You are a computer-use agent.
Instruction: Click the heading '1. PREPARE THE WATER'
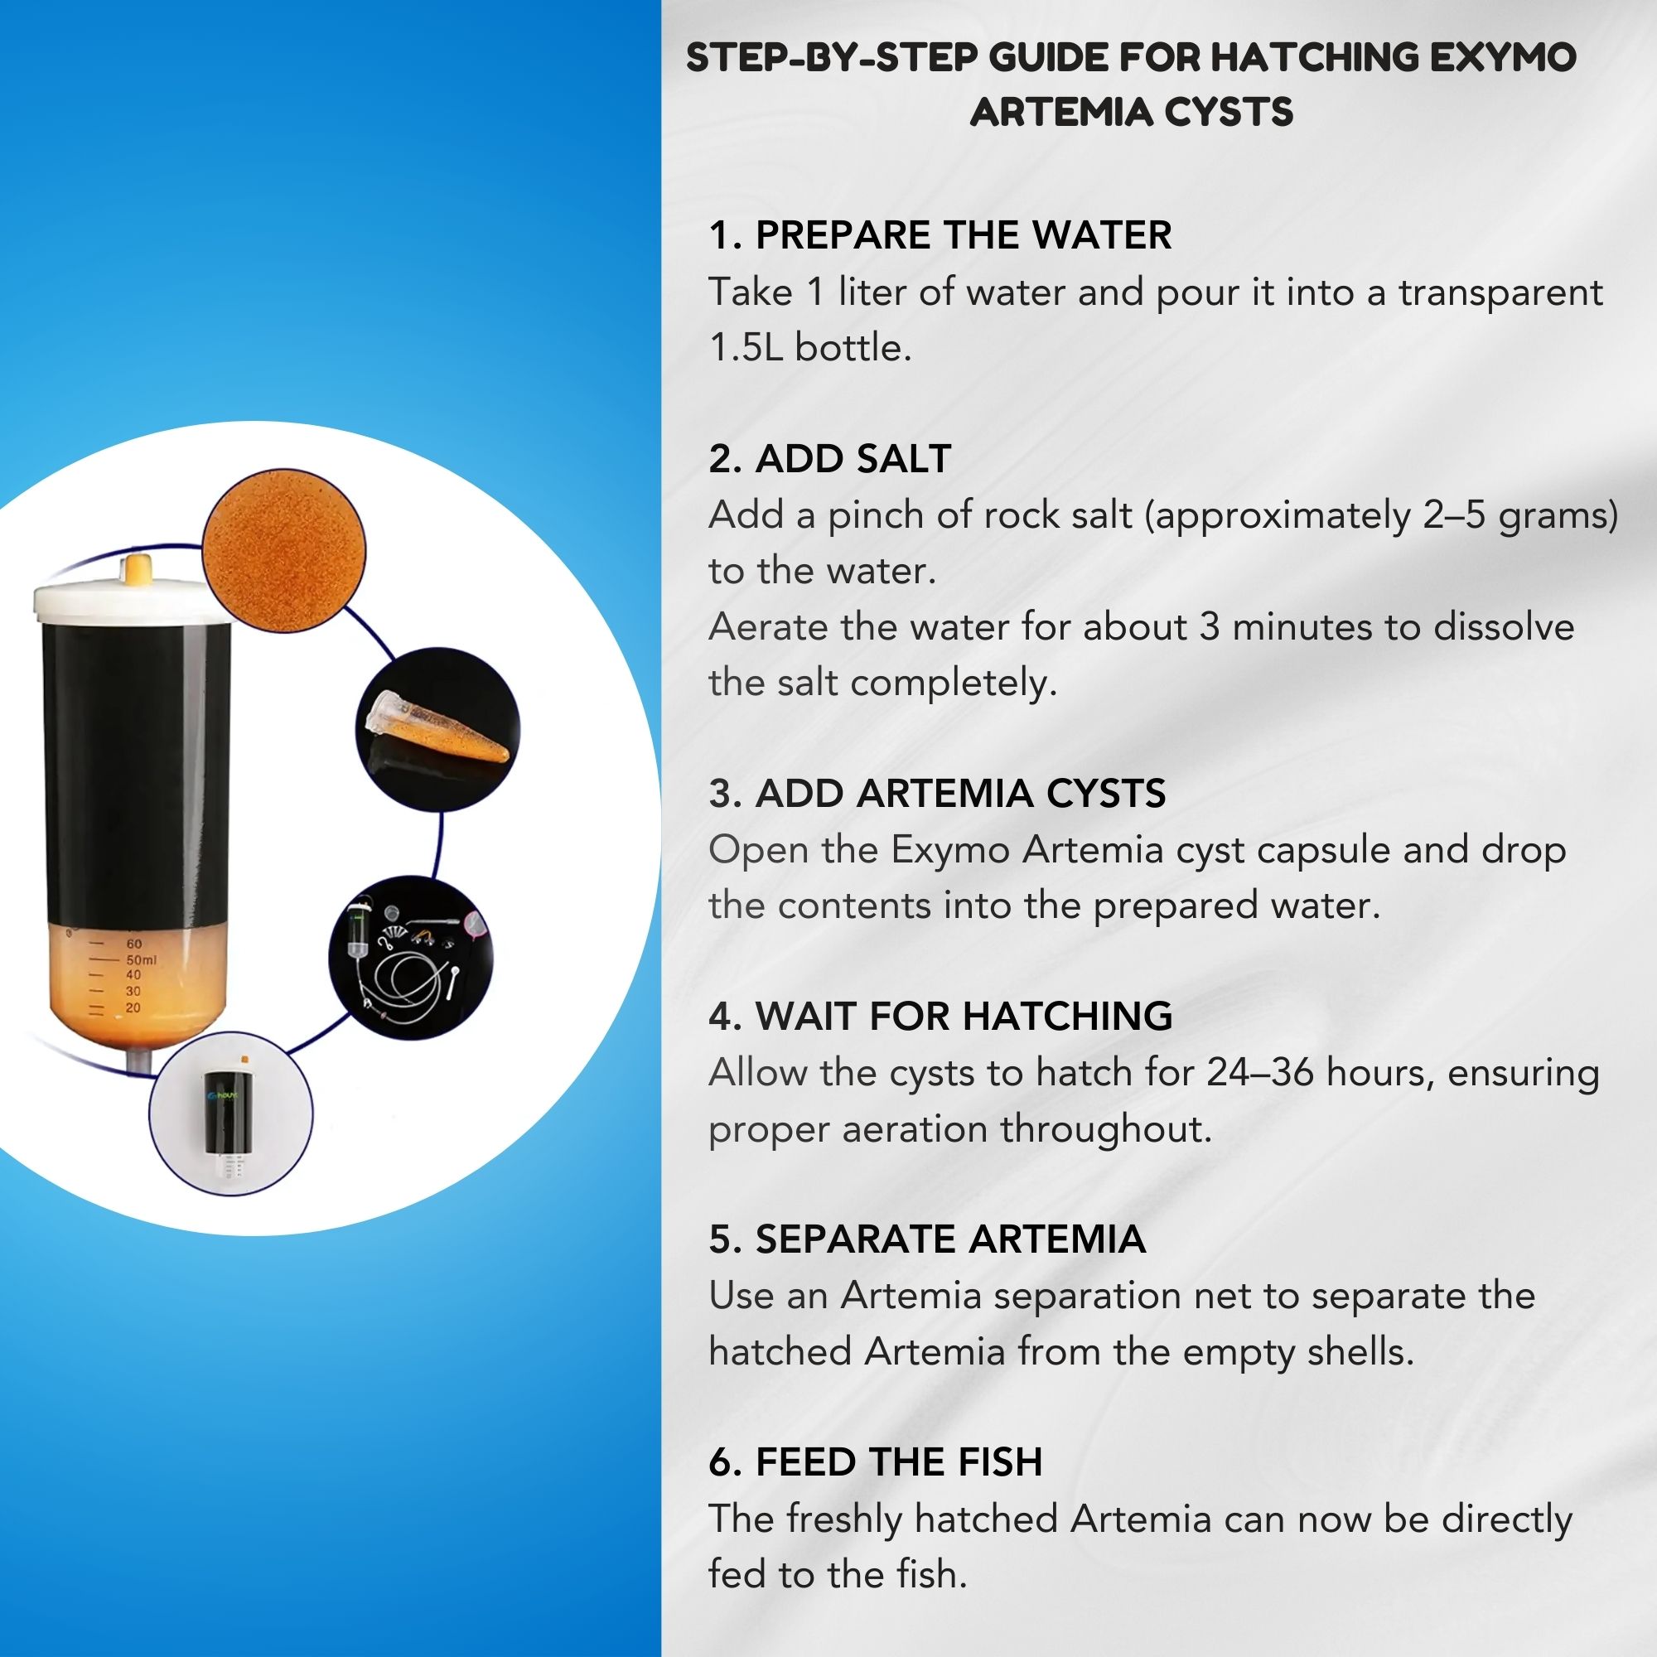click(940, 235)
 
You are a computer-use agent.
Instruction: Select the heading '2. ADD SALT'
click(830, 459)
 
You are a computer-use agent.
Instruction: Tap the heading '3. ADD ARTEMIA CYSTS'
click(937, 794)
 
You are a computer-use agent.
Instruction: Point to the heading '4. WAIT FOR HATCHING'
click(941, 1017)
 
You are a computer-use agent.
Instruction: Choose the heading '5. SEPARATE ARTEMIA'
click(927, 1239)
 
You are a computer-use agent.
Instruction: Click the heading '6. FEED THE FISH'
click(876, 1462)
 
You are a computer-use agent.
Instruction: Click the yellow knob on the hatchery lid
click(138, 569)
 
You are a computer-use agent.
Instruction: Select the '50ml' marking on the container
click(142, 959)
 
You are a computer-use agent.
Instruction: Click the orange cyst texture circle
click(284, 551)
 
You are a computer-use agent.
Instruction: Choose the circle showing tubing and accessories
click(411, 957)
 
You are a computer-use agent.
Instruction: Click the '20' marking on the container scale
click(133, 1007)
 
